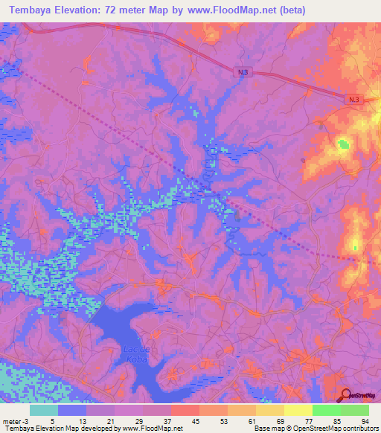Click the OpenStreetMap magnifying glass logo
click(346, 395)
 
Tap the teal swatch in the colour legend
click(44, 410)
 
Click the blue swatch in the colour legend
click(72, 410)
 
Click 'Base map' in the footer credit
click(270, 428)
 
